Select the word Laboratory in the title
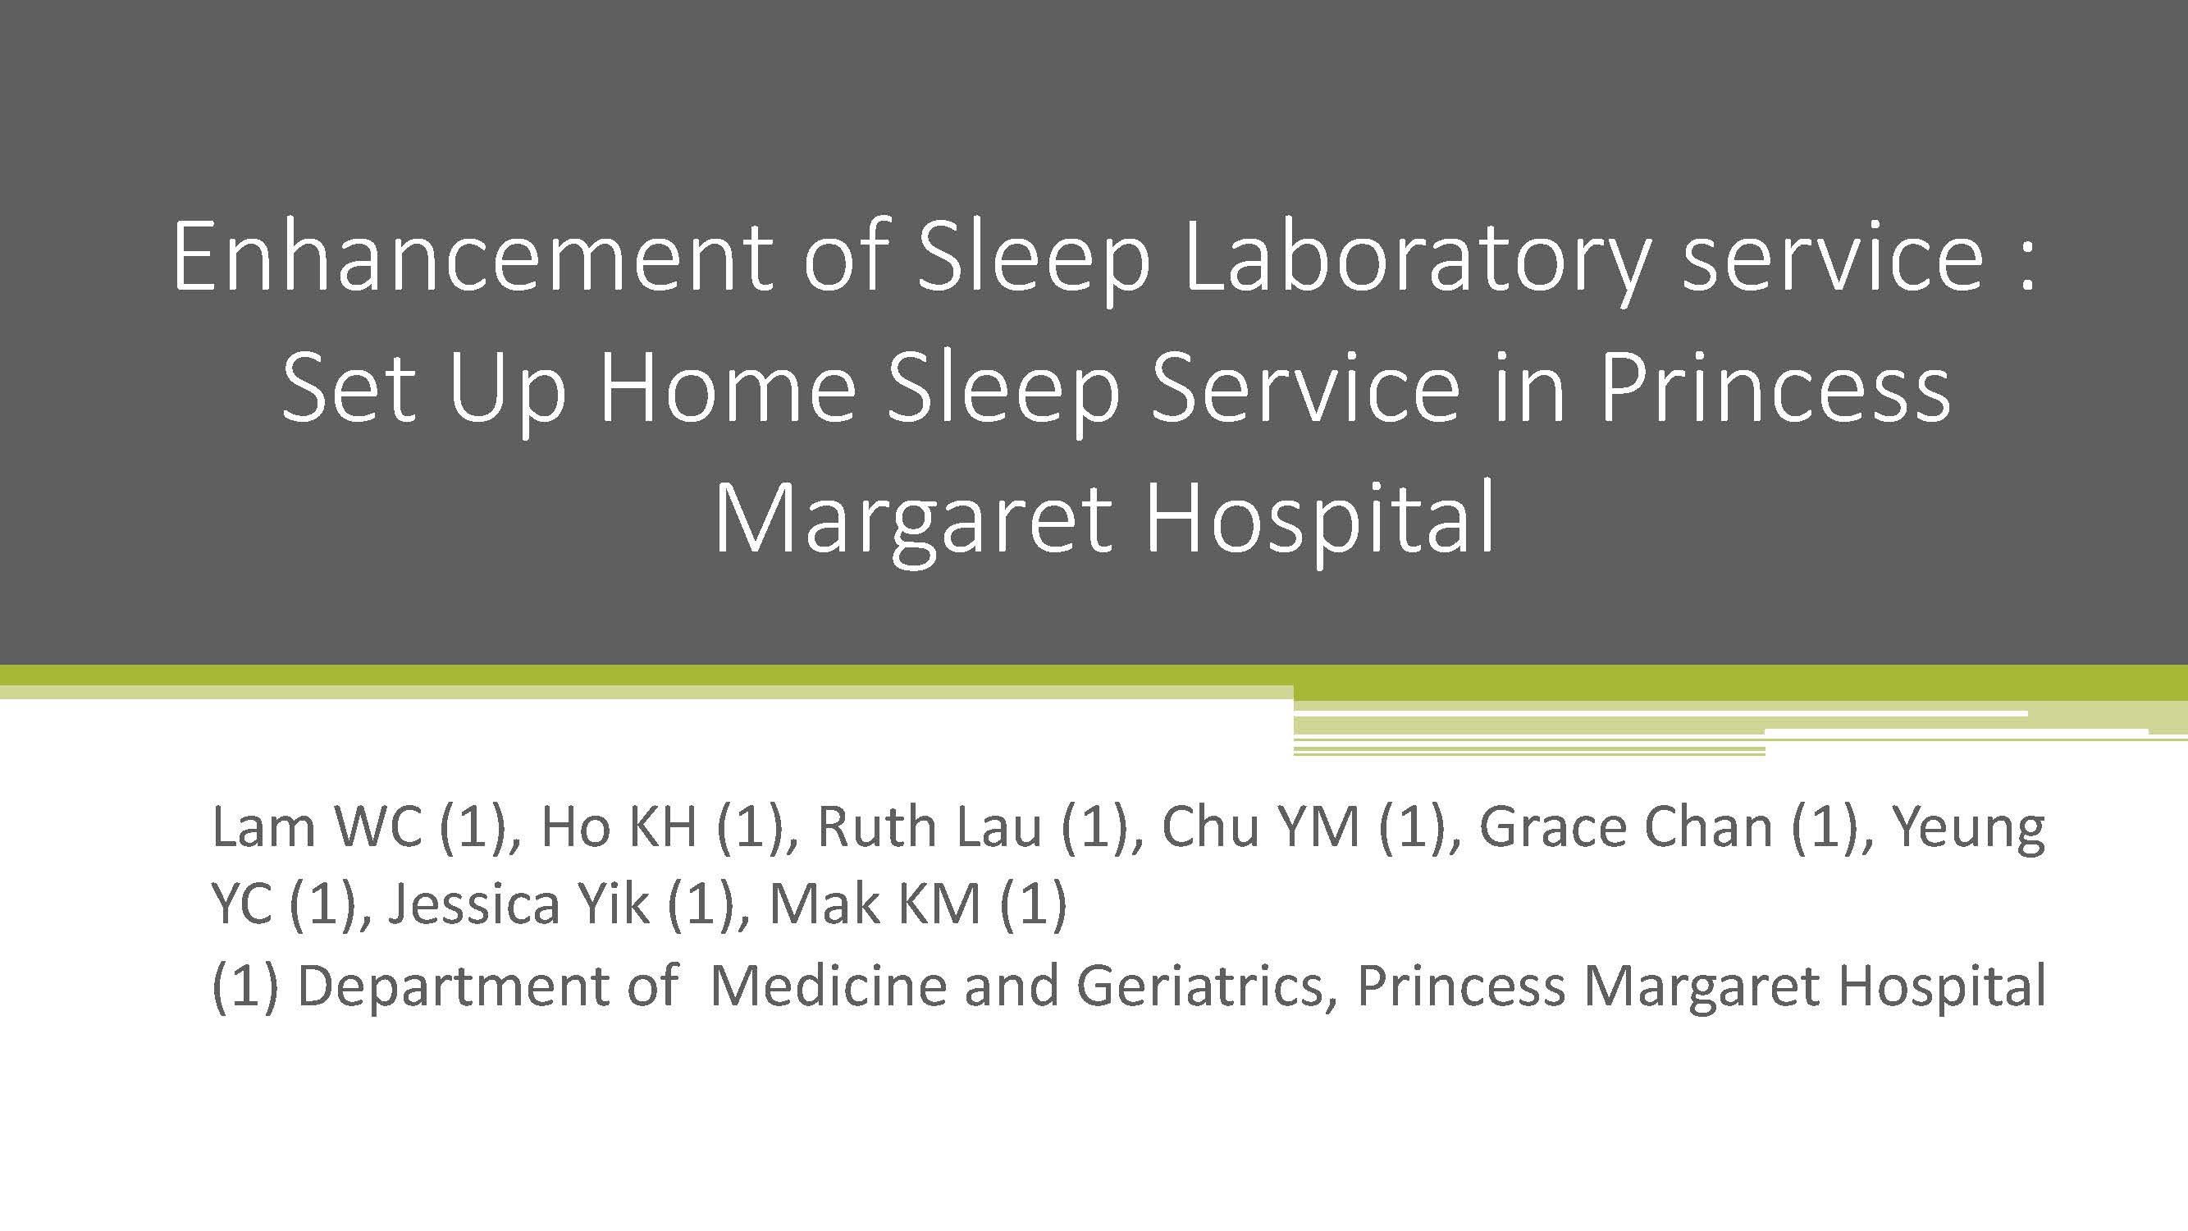[1417, 260]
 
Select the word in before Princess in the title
[1530, 387]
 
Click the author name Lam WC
[317, 826]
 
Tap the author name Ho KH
[619, 826]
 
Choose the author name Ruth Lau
[929, 826]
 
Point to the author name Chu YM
[1260, 826]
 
